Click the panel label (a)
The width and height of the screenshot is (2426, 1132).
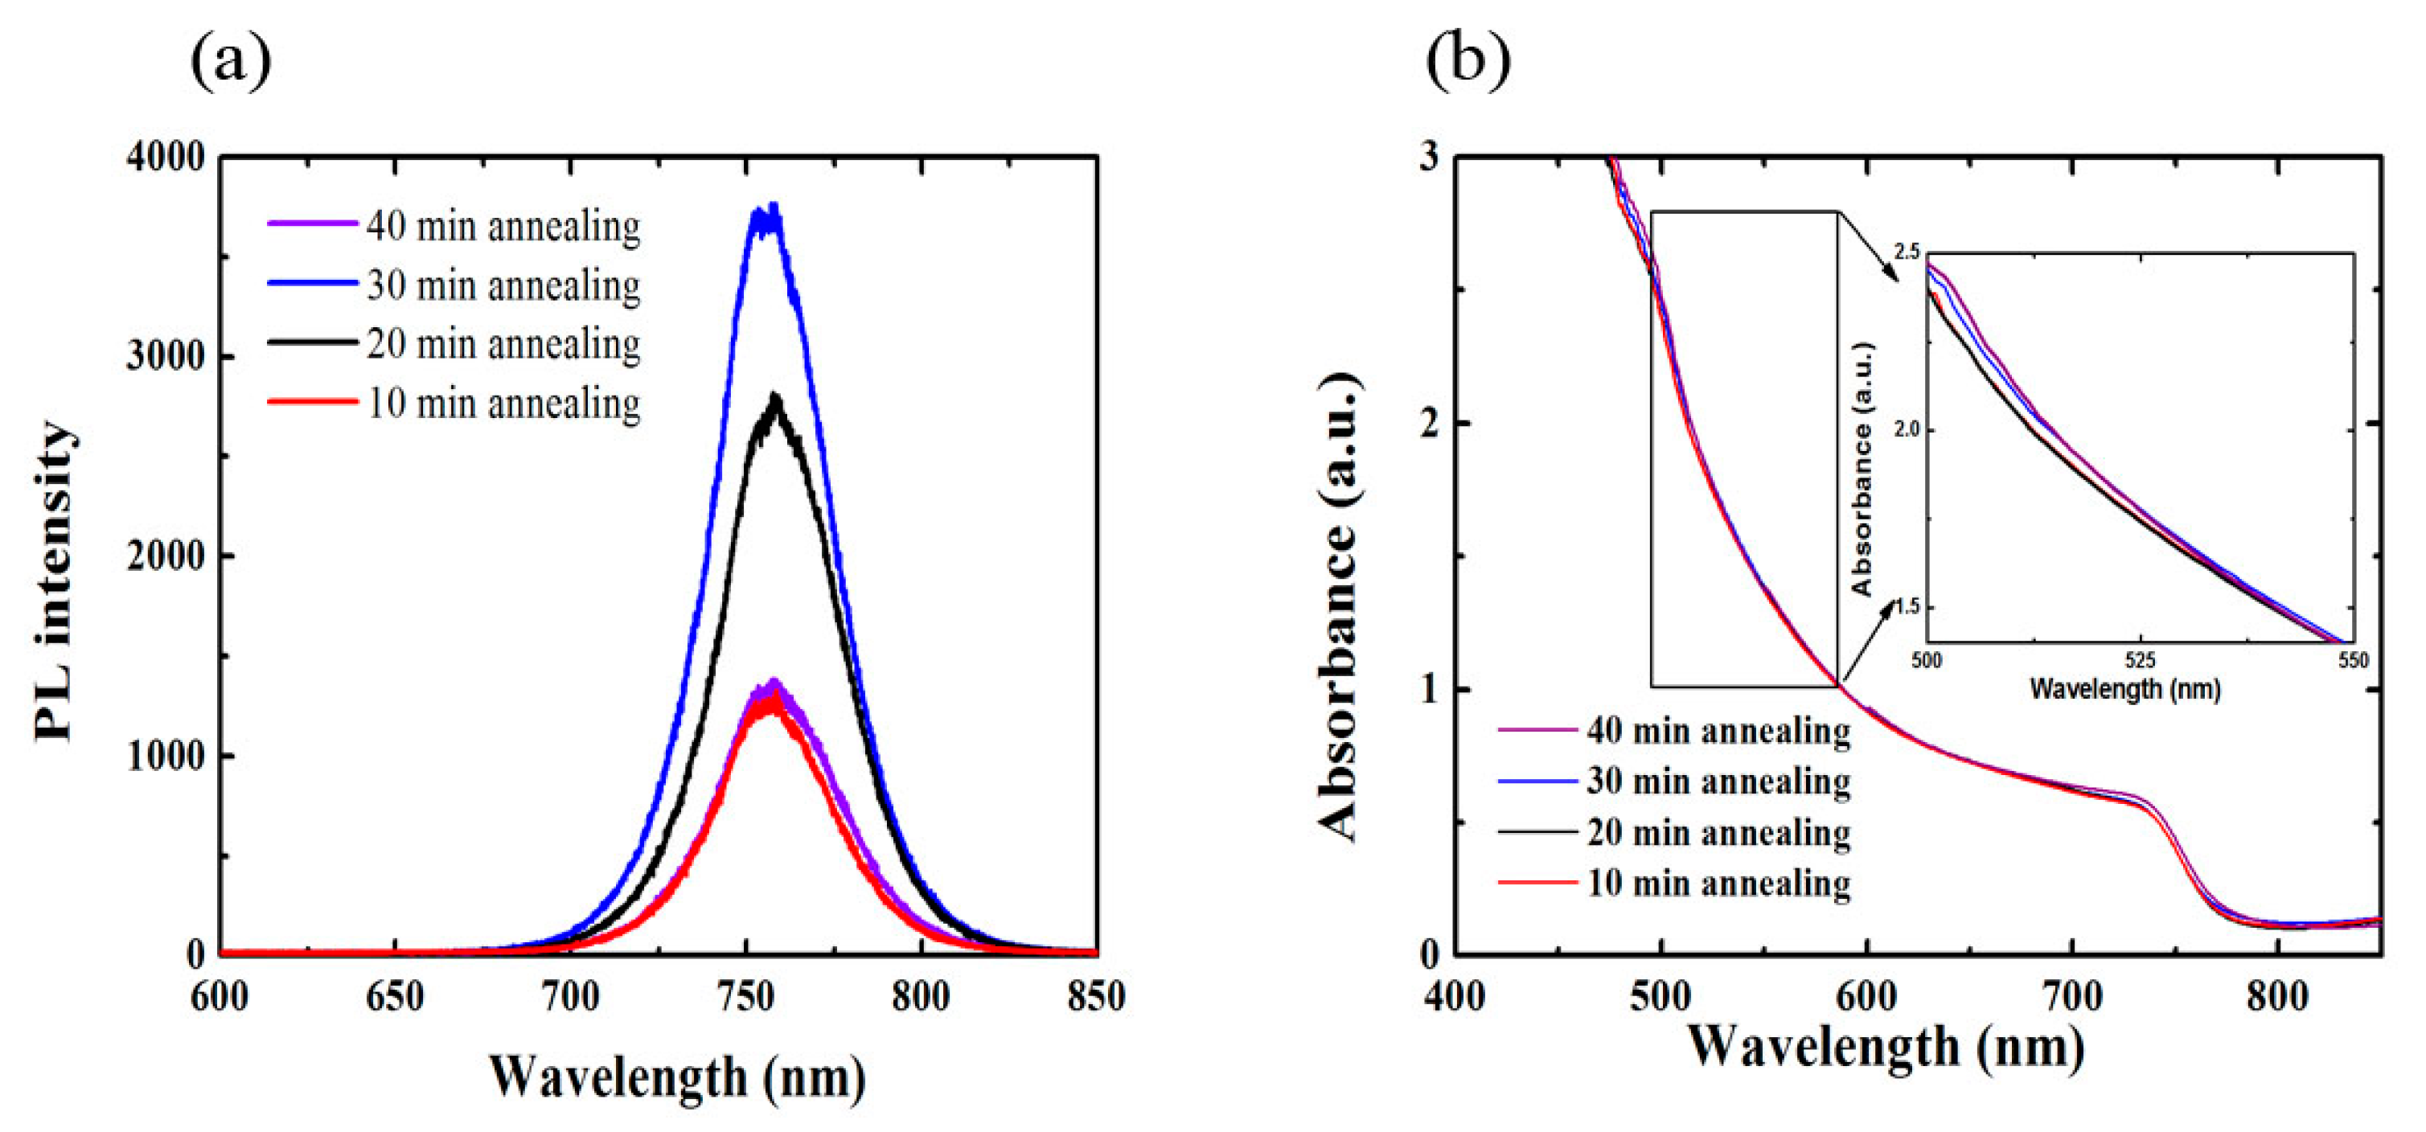click(x=231, y=61)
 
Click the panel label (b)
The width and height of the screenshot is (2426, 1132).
click(x=1468, y=61)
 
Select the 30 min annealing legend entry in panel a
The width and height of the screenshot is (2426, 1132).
click(x=454, y=285)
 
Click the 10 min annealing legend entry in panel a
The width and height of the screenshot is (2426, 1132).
click(x=454, y=403)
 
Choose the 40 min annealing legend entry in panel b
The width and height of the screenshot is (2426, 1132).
click(x=1673, y=731)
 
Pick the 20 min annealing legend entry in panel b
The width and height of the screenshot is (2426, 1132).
click(x=1673, y=833)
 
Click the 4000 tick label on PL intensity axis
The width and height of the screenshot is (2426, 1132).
click(x=166, y=158)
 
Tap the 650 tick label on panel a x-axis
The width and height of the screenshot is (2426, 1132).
click(x=395, y=996)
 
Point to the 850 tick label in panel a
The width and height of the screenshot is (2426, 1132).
click(x=1095, y=996)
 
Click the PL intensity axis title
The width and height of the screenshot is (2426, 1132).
click(x=54, y=581)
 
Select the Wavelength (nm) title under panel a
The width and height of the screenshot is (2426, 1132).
click(x=676, y=1077)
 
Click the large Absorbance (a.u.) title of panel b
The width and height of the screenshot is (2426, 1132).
click(x=1337, y=608)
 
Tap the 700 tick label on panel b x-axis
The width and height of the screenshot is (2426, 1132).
click(x=2073, y=996)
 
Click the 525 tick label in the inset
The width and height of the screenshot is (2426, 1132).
click(x=2140, y=660)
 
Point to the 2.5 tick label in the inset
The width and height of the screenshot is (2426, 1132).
click(x=1905, y=252)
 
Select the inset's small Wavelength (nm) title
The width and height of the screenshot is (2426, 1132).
click(x=2124, y=689)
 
